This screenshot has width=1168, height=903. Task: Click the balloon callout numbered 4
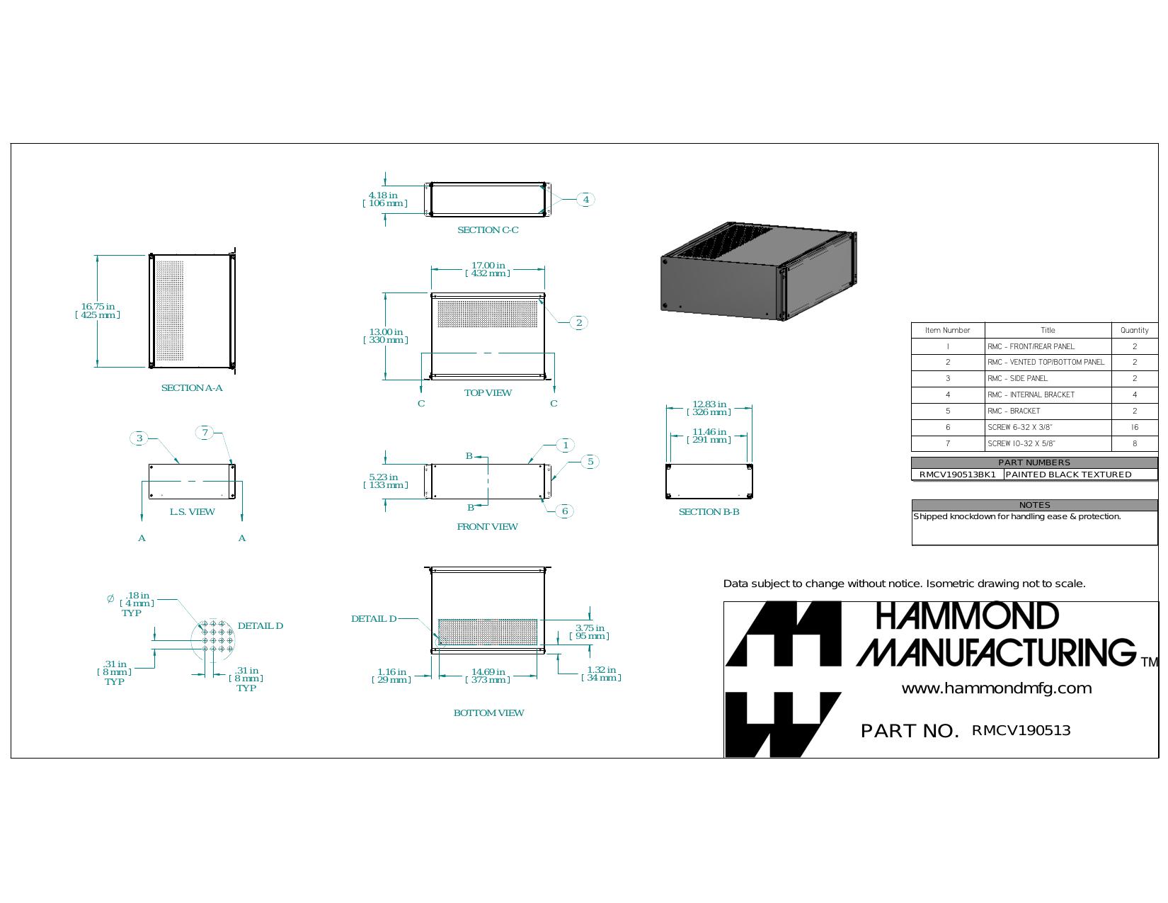point(585,200)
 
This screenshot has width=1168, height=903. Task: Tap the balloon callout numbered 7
point(205,433)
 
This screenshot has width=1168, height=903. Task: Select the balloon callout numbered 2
point(579,323)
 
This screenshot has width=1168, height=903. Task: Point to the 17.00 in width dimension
point(488,269)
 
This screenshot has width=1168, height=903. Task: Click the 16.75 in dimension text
point(97,311)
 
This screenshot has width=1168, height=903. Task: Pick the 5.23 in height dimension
point(385,481)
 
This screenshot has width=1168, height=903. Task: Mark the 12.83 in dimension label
point(709,408)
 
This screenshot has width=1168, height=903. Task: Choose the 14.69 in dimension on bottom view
point(488,676)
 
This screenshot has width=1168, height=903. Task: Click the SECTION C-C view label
point(488,230)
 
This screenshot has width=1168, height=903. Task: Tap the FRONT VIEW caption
point(487,527)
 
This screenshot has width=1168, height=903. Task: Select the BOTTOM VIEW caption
point(488,713)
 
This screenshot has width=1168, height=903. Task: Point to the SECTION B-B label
point(709,512)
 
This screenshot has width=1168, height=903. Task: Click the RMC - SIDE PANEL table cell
point(1048,379)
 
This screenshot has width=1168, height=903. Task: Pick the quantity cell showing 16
point(1135,428)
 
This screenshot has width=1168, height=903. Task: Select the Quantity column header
point(1135,330)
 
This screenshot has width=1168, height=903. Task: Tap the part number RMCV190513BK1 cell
point(957,475)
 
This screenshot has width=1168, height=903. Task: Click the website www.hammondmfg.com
point(997,688)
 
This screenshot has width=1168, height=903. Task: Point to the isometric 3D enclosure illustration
point(758,271)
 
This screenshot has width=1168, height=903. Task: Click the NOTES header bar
point(1034,505)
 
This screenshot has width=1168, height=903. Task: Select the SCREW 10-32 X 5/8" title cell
point(1048,443)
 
